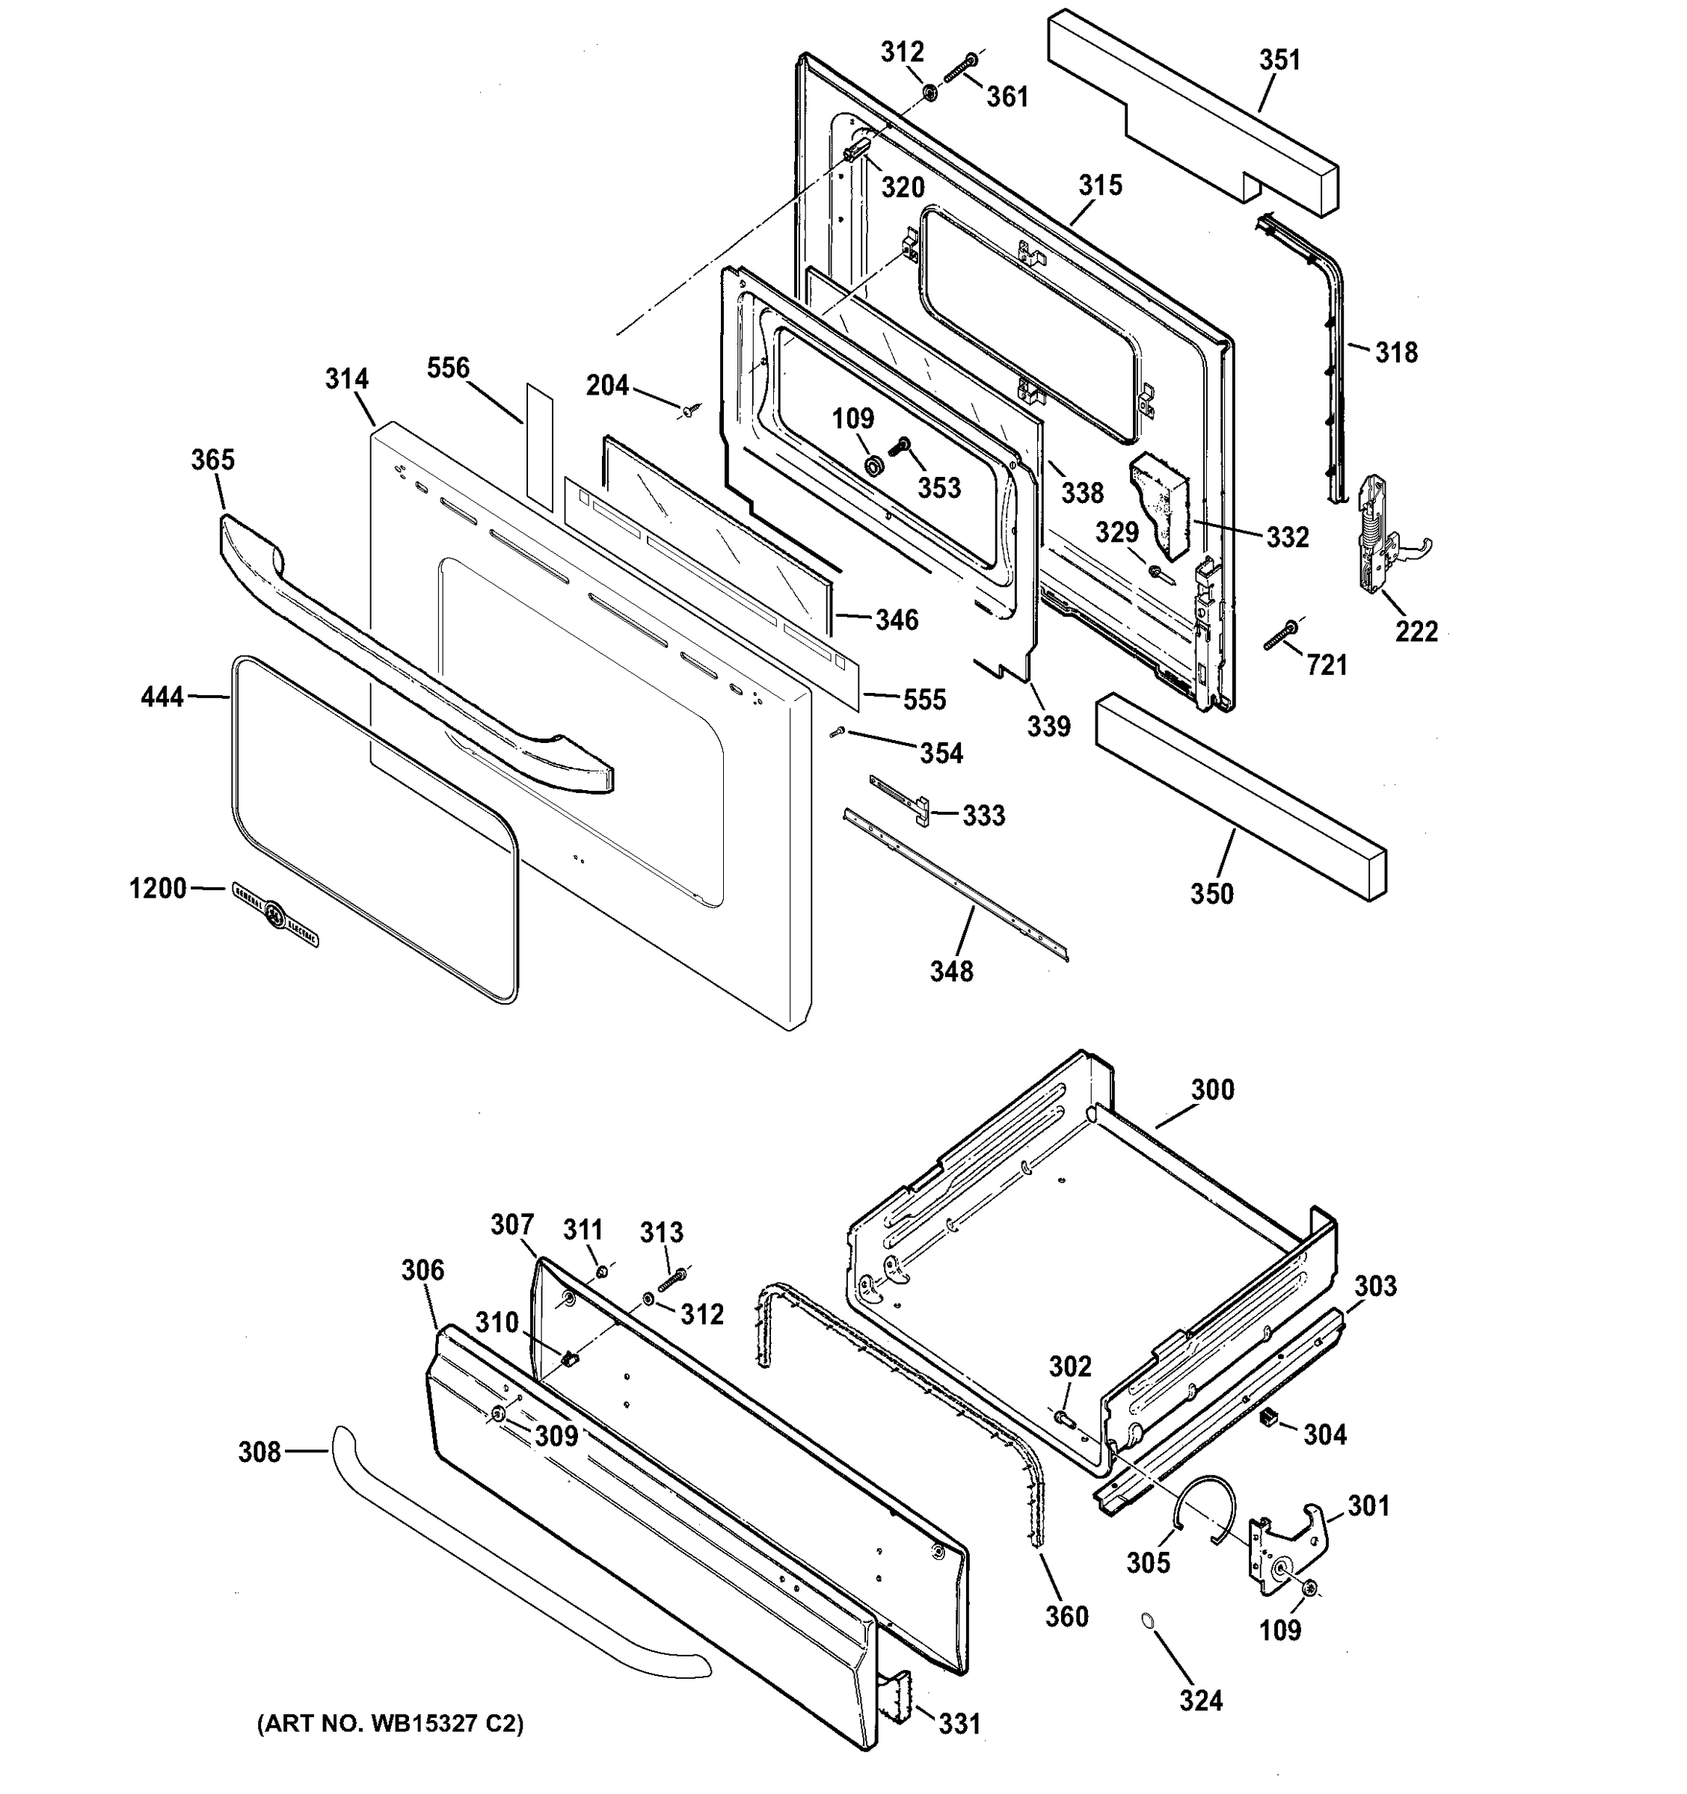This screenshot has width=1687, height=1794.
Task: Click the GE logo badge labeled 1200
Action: [x=274, y=914]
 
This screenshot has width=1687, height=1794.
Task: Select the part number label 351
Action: [x=1280, y=61]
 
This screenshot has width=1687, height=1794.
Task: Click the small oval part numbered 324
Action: [x=1147, y=1621]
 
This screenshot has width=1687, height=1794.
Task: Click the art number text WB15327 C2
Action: [x=390, y=1724]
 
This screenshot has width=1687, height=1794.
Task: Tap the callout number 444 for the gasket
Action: [x=162, y=697]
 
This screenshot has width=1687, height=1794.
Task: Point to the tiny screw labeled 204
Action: [x=689, y=412]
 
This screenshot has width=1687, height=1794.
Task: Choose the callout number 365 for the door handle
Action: [x=213, y=460]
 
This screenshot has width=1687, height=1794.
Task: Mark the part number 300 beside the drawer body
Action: [x=1212, y=1090]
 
